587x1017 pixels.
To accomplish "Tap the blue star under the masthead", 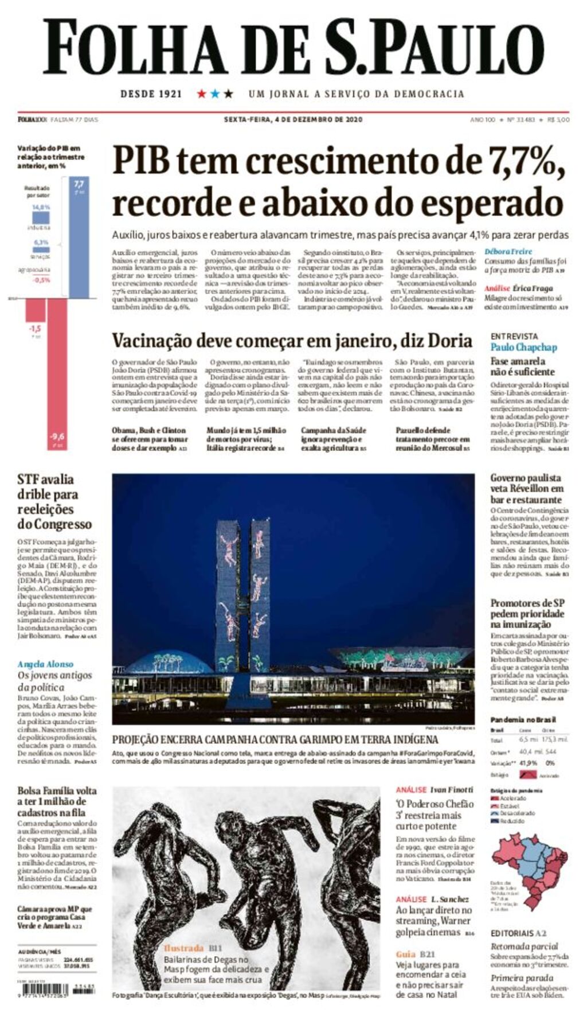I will pos(215,93).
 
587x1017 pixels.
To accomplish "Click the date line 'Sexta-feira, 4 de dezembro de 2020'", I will pos(293,120).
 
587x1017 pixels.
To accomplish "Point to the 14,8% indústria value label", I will pos(41,207).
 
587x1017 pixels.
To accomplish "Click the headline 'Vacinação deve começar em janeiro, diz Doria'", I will pos(292,341).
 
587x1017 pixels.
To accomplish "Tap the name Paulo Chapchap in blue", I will pos(523,347).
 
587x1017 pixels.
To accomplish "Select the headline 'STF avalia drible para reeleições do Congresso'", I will pos(54,501).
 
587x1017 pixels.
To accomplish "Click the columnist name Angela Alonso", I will pos(45,664).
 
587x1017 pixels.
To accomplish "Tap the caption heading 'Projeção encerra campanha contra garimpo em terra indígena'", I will pos(275,739).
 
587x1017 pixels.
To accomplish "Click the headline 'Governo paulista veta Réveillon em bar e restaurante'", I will pos(526,488).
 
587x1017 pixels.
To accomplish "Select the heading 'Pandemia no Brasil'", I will pos(523,719).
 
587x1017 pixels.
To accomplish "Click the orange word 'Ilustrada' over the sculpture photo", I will pos(183,948).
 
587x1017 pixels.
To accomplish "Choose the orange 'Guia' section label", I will pos(405,954).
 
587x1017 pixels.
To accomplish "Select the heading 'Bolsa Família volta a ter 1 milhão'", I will pos(56,801).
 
